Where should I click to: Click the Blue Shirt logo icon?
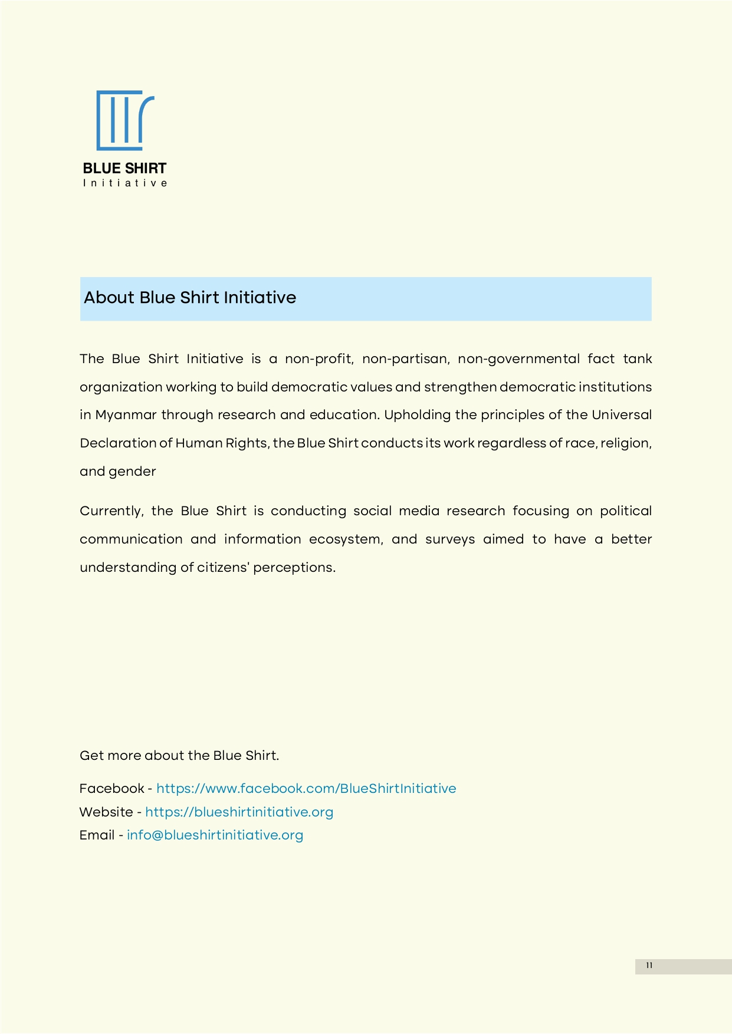(125, 120)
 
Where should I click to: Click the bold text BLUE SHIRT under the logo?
(125, 169)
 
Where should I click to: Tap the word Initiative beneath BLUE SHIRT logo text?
(125, 183)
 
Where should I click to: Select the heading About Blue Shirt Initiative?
(190, 298)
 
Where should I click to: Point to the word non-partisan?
(405, 359)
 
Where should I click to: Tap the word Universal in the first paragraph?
(621, 415)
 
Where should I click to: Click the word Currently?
(111, 511)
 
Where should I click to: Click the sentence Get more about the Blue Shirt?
(179, 756)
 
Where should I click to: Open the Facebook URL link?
(306, 789)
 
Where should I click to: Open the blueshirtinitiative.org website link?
(239, 812)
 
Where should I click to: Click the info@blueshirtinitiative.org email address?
(215, 835)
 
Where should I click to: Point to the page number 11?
(649, 966)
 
